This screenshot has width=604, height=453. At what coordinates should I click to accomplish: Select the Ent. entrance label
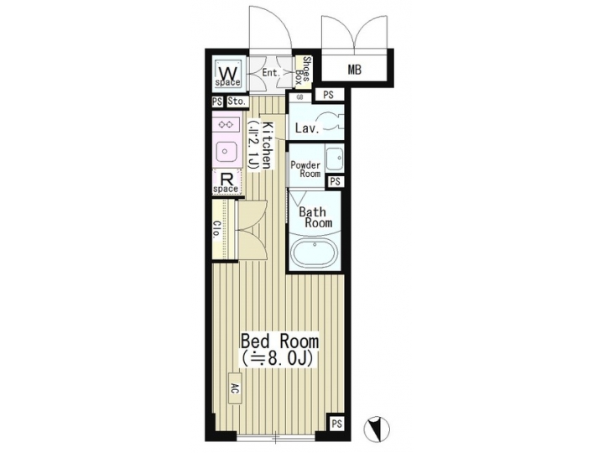click(270, 73)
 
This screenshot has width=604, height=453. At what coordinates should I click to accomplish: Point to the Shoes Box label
click(306, 71)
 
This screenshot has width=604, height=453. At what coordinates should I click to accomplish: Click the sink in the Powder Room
click(333, 157)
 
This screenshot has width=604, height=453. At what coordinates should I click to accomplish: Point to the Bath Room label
click(315, 217)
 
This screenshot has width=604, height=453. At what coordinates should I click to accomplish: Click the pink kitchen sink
click(227, 152)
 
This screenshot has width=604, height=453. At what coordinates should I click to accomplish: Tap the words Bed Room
click(279, 342)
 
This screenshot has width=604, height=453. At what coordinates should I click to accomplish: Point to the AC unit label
click(234, 391)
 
